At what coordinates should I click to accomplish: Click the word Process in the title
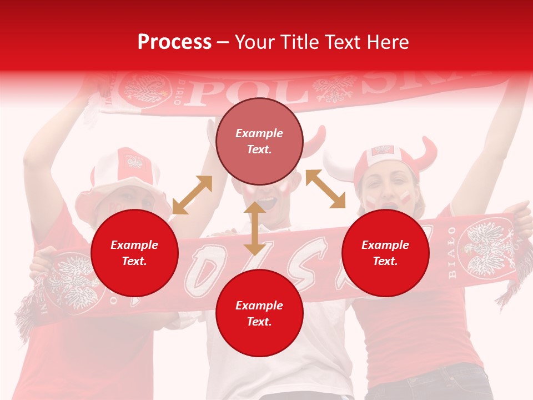click(174, 42)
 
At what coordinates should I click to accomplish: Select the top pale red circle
click(259, 142)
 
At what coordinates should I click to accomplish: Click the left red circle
click(134, 253)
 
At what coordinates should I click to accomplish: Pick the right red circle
click(385, 253)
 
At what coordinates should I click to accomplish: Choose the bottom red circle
click(259, 313)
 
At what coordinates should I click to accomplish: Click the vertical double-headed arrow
click(255, 228)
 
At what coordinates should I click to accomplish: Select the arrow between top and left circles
click(192, 194)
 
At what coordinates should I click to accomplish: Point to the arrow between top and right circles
click(325, 189)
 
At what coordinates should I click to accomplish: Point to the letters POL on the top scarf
click(211, 91)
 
